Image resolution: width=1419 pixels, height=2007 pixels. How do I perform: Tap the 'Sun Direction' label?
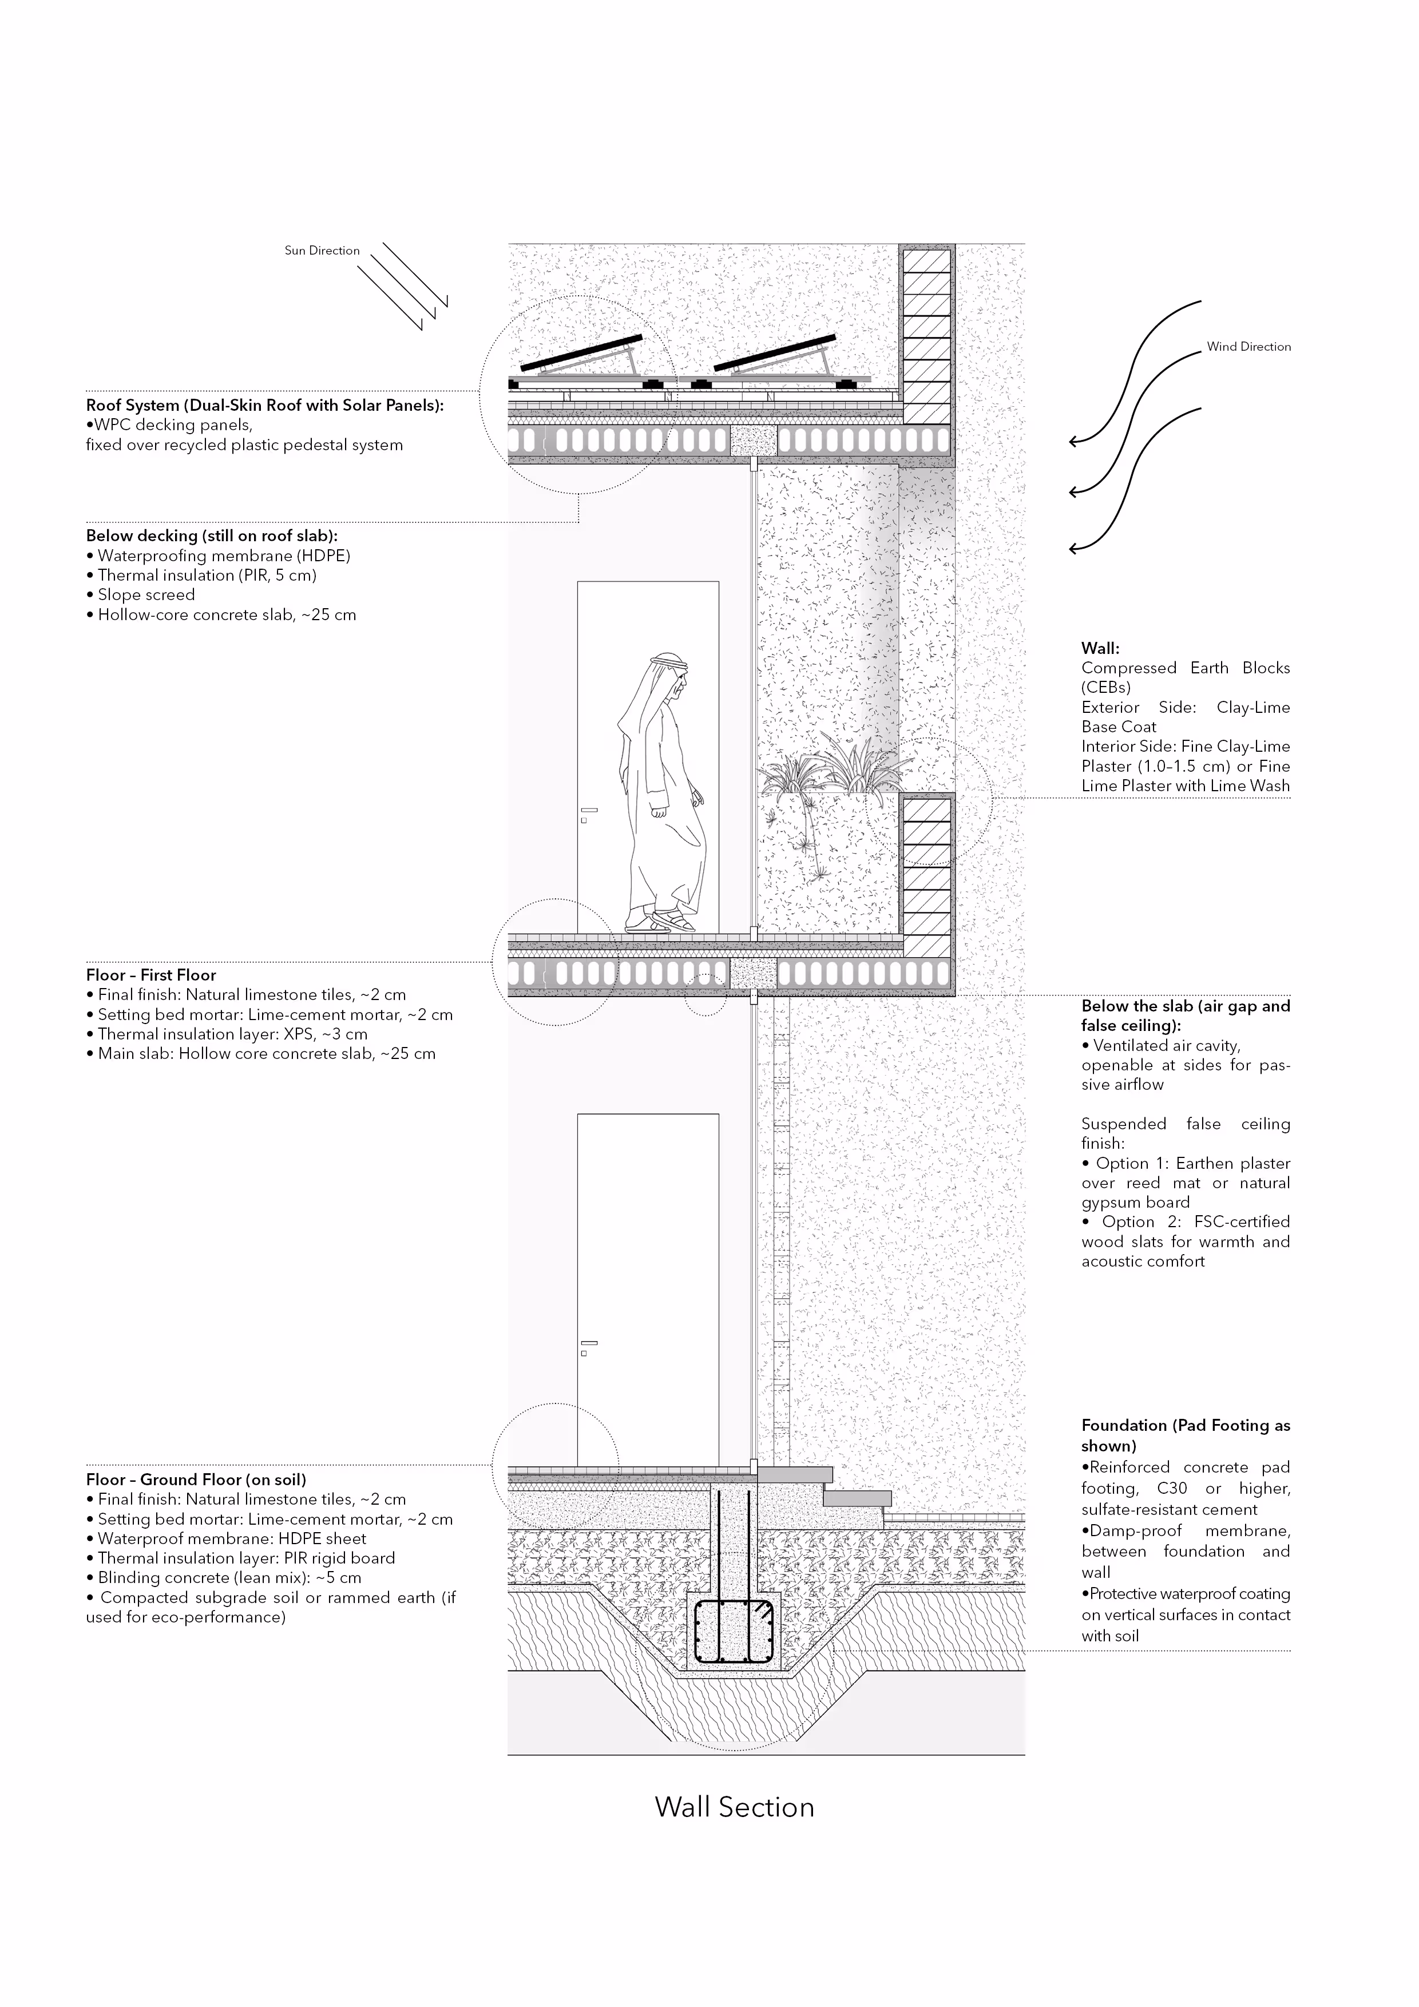322,251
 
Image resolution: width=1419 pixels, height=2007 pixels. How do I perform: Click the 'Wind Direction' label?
1248,347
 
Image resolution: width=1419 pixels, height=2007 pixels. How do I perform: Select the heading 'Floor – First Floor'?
150,975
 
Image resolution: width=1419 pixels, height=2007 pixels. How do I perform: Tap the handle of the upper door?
589,810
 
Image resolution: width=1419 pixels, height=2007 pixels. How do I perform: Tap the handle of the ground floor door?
589,1343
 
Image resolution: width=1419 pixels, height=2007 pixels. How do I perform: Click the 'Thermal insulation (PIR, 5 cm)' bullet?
207,575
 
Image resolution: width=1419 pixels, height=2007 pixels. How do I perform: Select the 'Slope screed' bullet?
145,594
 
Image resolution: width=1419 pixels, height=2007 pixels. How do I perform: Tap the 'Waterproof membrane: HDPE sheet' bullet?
232,1538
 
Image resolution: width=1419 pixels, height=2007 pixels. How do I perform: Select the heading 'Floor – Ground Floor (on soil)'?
196,1480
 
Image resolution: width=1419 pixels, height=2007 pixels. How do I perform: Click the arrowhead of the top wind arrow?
1073,442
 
